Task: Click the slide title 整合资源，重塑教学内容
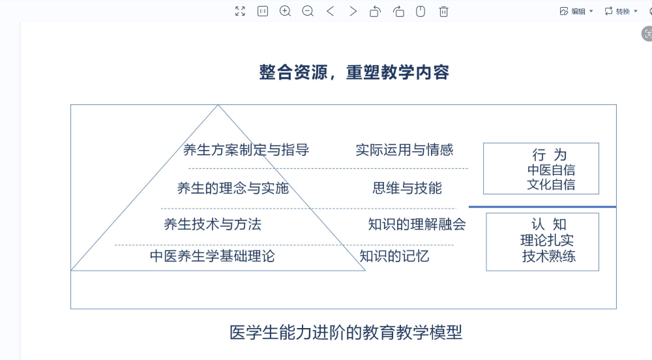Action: (354, 72)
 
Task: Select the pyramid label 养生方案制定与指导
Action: (246, 150)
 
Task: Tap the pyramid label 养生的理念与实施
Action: (233, 188)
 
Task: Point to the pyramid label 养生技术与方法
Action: (213, 224)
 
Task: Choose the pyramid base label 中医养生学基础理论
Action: (213, 256)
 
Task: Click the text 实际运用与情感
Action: (404, 150)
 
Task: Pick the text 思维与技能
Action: (407, 188)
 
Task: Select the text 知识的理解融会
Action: (417, 224)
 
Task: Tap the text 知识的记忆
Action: (394, 256)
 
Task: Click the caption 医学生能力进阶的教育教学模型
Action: (346, 333)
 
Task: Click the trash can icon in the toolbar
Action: (443, 11)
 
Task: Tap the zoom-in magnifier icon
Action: (285, 11)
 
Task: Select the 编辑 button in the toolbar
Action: (577, 11)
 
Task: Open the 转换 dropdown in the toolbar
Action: (621, 11)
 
